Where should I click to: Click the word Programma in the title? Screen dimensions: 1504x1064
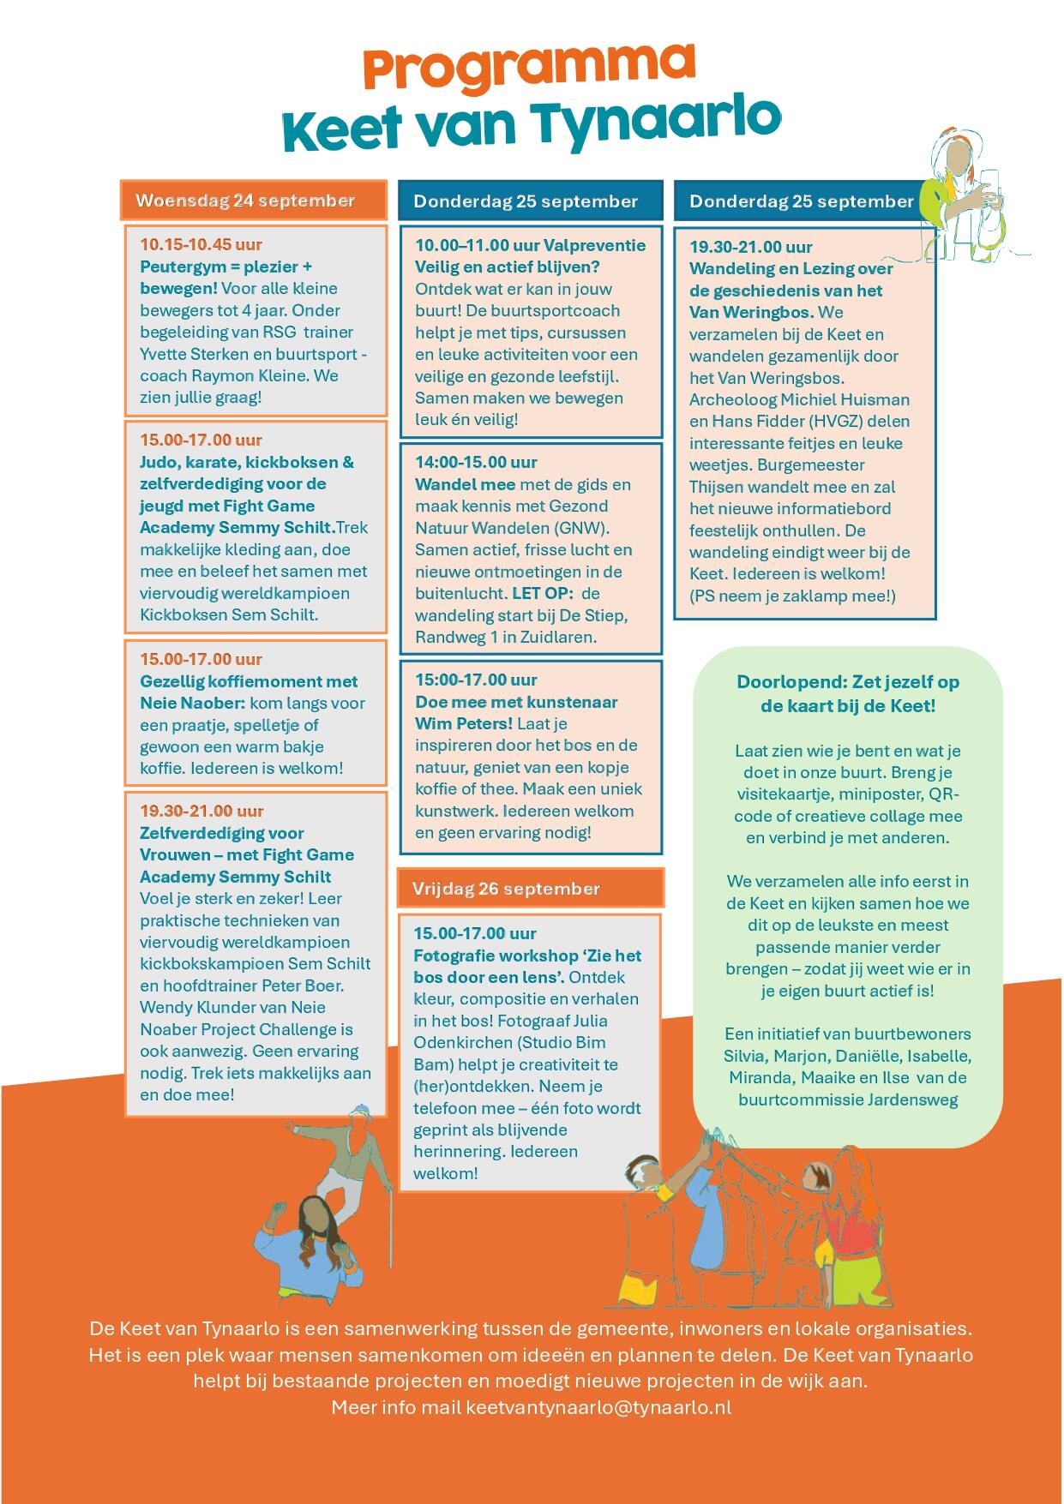click(x=529, y=69)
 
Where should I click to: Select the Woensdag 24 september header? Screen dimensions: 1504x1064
click(x=245, y=201)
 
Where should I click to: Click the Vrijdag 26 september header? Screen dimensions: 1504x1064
click(x=506, y=889)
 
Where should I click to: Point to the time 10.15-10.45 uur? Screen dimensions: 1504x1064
click(x=201, y=244)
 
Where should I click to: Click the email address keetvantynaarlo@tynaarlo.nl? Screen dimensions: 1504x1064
click(x=598, y=1408)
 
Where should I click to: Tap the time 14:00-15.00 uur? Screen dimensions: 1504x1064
click(x=476, y=463)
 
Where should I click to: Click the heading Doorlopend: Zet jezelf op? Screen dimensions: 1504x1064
click(x=847, y=683)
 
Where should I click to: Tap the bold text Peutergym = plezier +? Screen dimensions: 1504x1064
click(x=225, y=267)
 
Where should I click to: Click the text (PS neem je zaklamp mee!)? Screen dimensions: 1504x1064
click(x=792, y=596)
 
